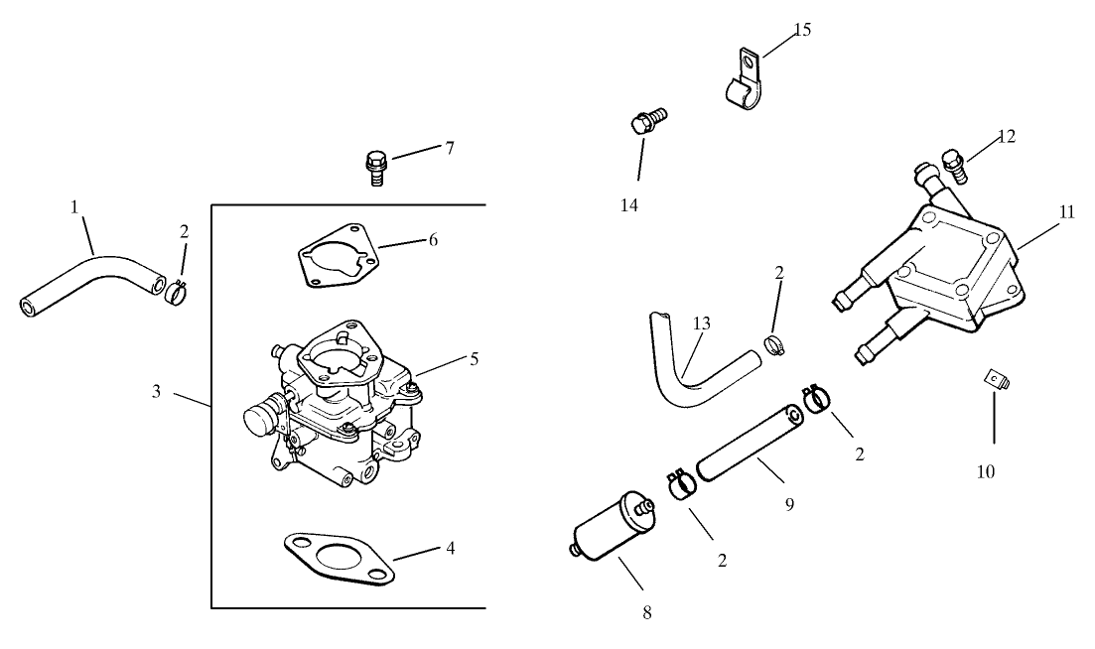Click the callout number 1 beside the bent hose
(x=74, y=206)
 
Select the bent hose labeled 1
(x=94, y=273)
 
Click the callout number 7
(x=449, y=148)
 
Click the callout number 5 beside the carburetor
(x=474, y=358)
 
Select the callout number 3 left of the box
(x=156, y=391)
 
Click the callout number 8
(x=646, y=612)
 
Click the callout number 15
(x=802, y=30)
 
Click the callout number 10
(x=985, y=471)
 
